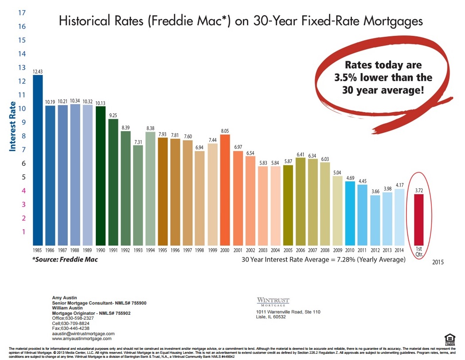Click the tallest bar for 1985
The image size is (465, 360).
38,160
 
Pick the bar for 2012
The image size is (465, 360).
375,220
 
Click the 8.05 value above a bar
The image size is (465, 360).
225,131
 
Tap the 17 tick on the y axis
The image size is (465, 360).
21,12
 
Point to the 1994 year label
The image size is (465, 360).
150,250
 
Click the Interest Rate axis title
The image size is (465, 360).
13,126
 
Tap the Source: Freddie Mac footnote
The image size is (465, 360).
65,259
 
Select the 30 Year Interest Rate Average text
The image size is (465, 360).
324,259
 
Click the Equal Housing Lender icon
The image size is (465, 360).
449,339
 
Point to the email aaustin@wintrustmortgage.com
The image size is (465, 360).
83,333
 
